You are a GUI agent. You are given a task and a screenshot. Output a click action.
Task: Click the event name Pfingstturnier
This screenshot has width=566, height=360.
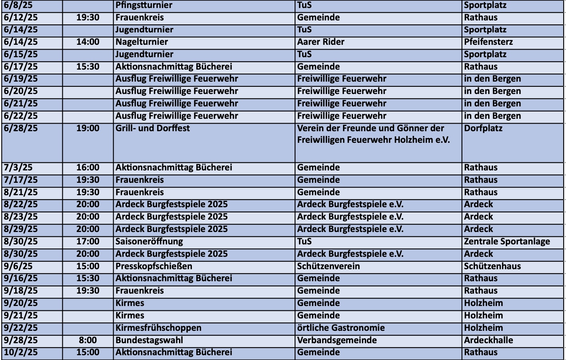(x=144, y=5)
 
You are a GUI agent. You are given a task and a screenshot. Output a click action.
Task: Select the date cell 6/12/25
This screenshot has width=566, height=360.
(x=21, y=18)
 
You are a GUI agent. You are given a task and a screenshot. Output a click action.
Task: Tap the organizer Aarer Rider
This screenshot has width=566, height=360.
(x=321, y=42)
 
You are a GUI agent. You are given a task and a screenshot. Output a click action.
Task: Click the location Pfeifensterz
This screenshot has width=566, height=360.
(x=488, y=42)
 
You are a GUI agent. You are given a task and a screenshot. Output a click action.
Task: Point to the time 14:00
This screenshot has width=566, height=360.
(x=88, y=42)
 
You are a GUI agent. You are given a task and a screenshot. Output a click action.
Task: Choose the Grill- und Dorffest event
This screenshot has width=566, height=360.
(x=153, y=128)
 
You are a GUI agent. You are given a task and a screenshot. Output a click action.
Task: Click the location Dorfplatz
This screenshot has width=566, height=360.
(x=483, y=128)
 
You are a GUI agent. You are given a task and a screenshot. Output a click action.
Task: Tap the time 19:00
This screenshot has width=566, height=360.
(x=88, y=128)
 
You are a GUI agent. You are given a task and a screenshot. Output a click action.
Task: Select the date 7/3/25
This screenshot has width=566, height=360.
(x=18, y=168)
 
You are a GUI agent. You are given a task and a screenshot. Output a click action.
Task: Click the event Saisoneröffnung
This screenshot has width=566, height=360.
(x=149, y=242)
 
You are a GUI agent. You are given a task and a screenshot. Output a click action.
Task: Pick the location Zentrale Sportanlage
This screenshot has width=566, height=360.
(x=507, y=242)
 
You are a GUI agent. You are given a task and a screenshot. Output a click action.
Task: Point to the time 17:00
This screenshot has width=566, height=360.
(x=88, y=242)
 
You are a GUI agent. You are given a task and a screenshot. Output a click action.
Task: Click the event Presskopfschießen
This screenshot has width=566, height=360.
(x=154, y=266)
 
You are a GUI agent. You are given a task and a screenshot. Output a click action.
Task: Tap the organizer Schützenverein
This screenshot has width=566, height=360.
(x=328, y=266)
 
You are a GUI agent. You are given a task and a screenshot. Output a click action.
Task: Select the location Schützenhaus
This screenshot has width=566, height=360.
(x=492, y=266)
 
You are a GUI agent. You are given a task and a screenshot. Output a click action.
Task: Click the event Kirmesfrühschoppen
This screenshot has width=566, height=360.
(x=158, y=328)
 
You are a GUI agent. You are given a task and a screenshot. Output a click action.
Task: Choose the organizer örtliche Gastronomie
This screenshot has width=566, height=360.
(x=341, y=328)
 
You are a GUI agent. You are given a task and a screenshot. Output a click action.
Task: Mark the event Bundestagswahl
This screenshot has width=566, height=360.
(x=149, y=340)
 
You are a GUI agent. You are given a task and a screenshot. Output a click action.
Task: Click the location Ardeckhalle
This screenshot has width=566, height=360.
(x=488, y=340)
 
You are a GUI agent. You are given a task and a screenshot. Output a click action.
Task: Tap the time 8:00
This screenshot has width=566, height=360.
(x=88, y=340)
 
